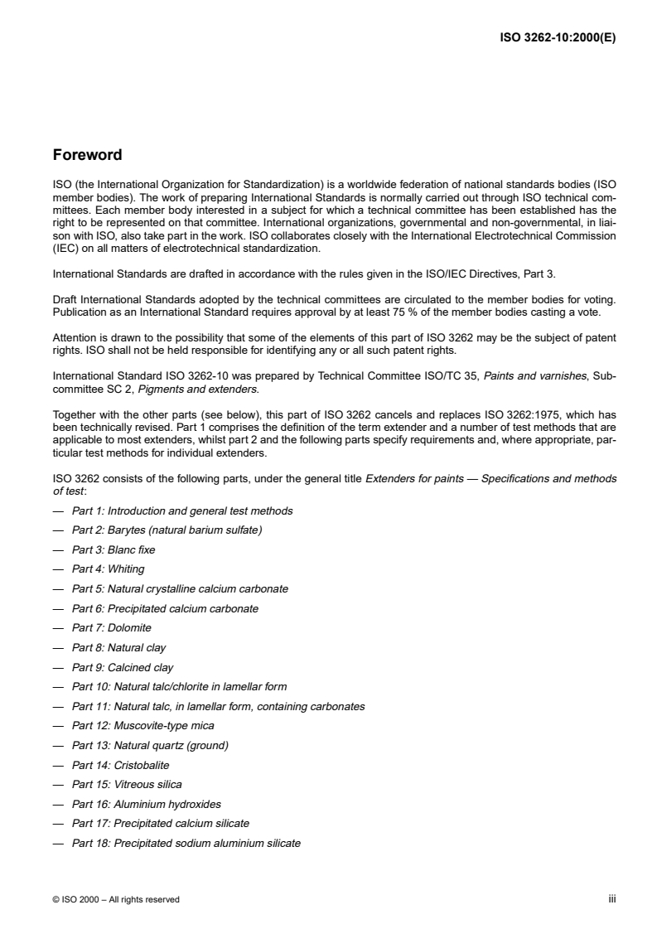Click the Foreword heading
coord(87,155)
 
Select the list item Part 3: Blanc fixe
coord(113,549)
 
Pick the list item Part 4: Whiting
coord(108,569)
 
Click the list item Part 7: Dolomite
coord(111,628)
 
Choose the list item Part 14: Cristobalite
coord(119,765)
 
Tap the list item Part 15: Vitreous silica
coord(126,785)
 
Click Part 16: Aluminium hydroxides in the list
coord(146,805)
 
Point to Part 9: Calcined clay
coord(123,667)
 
